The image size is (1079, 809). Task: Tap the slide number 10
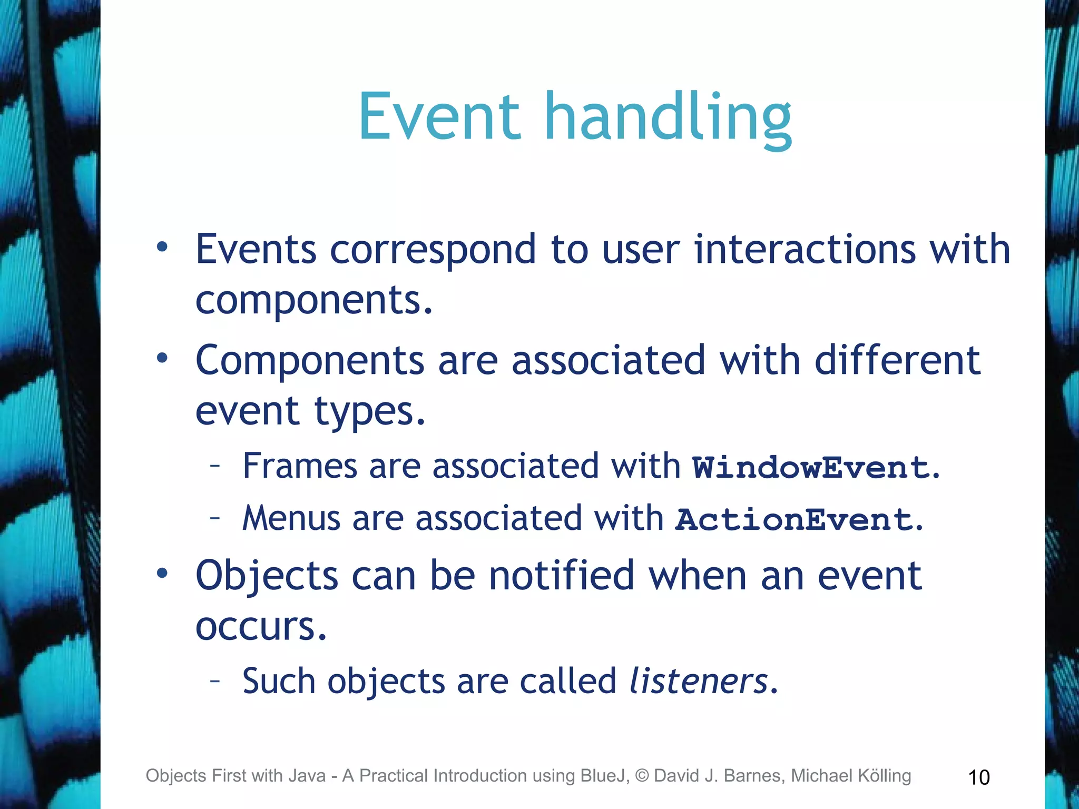(979, 777)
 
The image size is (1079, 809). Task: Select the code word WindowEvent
(811, 468)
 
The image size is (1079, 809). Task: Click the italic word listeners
(699, 681)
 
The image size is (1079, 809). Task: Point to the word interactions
(805, 249)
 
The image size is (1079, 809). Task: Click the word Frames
(300, 467)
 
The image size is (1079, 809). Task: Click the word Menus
(291, 518)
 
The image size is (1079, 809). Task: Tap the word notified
(562, 576)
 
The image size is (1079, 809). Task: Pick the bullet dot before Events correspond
(162, 246)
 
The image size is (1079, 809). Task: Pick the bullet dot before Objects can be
(162, 573)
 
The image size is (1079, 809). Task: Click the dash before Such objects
(214, 680)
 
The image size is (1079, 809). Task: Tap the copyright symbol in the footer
(642, 776)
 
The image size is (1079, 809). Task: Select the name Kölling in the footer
(884, 776)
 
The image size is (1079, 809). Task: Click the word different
(897, 361)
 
